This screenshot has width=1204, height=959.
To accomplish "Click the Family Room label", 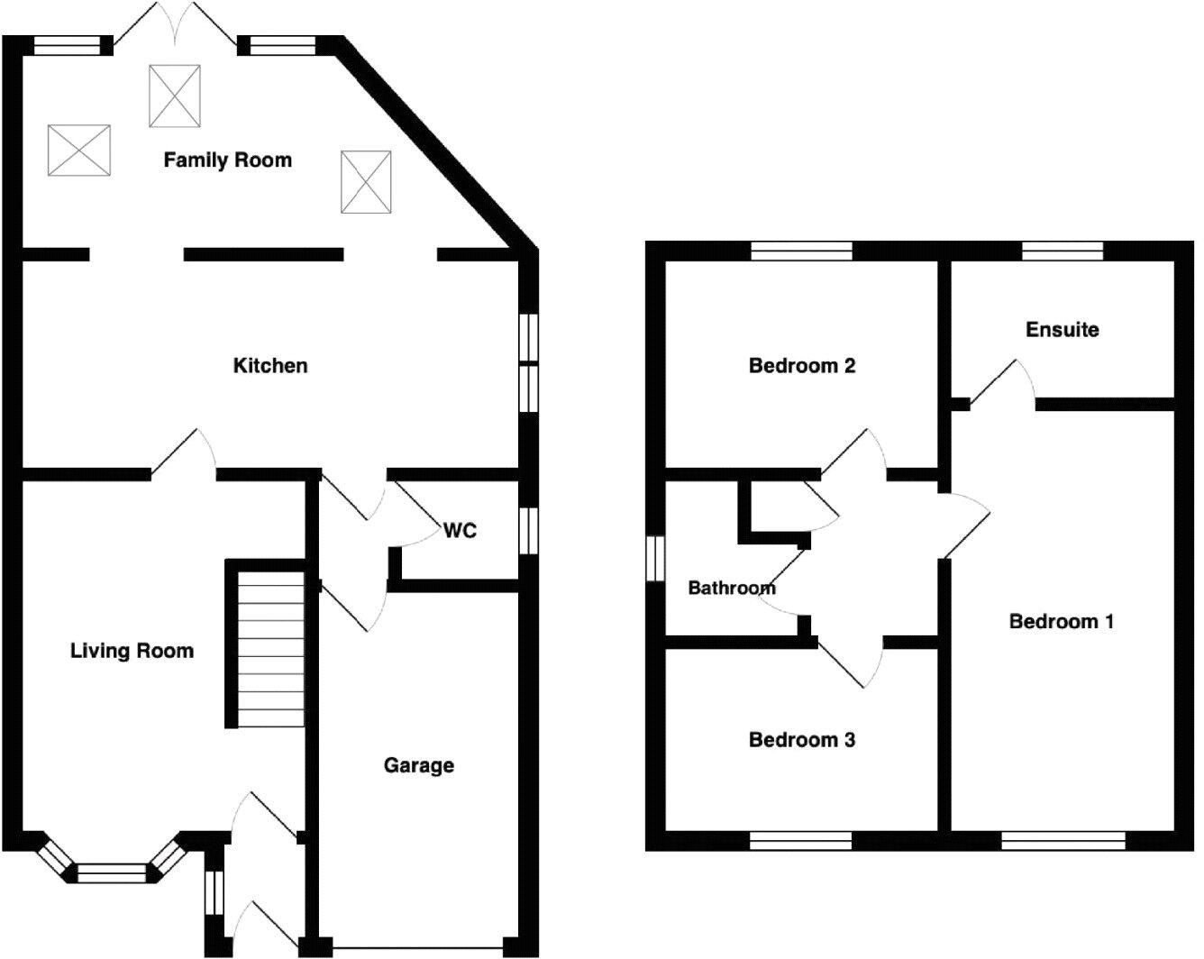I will (x=227, y=160).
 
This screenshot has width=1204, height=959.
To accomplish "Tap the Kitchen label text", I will (x=270, y=365).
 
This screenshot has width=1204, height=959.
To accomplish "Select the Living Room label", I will (x=132, y=651).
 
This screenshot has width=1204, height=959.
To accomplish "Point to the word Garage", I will (x=418, y=765).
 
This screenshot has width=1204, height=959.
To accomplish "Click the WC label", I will (x=460, y=531).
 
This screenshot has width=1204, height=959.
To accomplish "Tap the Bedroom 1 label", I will (x=1061, y=621).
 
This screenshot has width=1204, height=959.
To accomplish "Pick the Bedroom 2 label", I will (x=801, y=365).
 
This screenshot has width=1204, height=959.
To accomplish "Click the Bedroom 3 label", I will (x=801, y=740).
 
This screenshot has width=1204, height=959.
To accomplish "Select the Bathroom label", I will (x=731, y=589).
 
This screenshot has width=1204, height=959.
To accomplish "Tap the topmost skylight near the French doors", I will (x=174, y=96).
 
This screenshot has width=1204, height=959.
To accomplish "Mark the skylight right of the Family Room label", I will (x=366, y=182).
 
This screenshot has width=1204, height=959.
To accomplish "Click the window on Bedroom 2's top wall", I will (x=801, y=251).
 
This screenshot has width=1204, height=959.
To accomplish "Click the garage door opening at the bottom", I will (x=417, y=948).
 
